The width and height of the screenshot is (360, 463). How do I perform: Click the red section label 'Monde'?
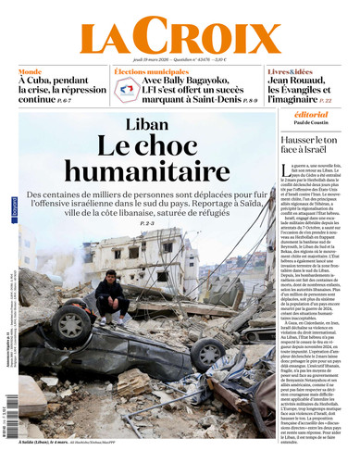(x=31, y=71)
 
